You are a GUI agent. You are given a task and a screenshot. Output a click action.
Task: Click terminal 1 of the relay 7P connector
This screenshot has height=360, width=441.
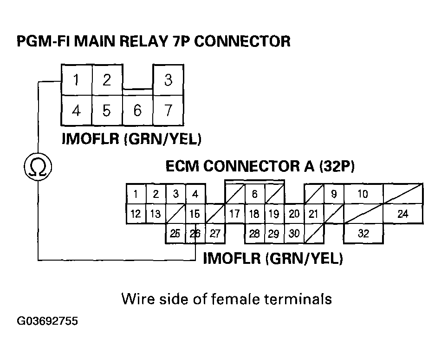coord(76,80)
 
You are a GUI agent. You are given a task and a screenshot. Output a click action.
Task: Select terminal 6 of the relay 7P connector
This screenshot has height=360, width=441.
coord(137,111)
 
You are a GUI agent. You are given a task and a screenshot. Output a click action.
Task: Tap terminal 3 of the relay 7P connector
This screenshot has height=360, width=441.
coord(168,80)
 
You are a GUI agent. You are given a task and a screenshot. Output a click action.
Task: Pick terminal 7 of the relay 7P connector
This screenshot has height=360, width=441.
coord(168,111)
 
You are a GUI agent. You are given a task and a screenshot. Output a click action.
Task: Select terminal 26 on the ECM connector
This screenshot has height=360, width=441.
coord(195,234)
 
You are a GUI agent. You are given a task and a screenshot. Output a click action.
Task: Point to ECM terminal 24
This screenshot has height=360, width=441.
coord(403,214)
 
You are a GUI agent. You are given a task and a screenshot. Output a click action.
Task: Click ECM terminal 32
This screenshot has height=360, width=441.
coord(363,234)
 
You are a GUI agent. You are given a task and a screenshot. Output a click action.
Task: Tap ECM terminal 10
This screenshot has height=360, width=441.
coord(363,194)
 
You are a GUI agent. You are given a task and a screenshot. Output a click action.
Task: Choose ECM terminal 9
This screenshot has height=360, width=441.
coord(334,194)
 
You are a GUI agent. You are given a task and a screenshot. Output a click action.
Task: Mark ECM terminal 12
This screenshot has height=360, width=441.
coord(136,214)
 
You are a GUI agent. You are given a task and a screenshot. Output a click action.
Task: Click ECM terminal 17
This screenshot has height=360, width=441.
coord(234,214)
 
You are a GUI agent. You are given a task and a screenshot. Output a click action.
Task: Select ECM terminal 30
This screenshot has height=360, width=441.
coord(294,234)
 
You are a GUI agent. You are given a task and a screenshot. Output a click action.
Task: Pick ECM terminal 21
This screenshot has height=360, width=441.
coord(314,214)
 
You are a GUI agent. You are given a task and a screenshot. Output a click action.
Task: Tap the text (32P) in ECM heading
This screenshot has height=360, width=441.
coord(337,166)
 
